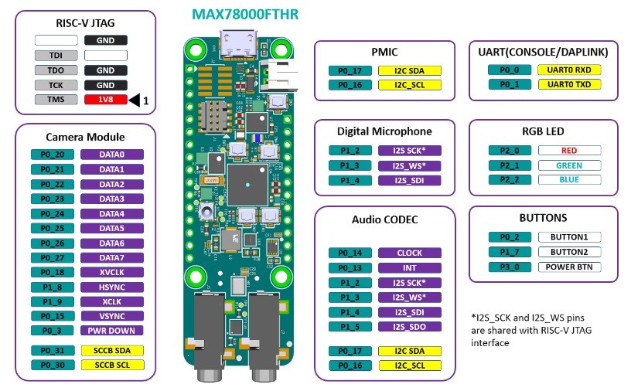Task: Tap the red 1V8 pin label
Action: (x=106, y=100)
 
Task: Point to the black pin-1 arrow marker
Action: (x=137, y=100)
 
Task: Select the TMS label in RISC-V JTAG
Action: (x=56, y=100)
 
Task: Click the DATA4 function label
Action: (x=111, y=213)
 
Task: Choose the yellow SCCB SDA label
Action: (x=111, y=350)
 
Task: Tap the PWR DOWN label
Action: (x=111, y=331)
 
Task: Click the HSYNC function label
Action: (x=111, y=287)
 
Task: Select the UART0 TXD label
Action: (x=569, y=84)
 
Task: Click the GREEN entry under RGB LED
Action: (x=569, y=165)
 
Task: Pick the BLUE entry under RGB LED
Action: (x=569, y=180)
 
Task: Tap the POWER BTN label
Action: (x=569, y=267)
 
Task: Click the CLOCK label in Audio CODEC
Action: (x=409, y=253)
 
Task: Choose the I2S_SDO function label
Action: (x=409, y=327)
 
